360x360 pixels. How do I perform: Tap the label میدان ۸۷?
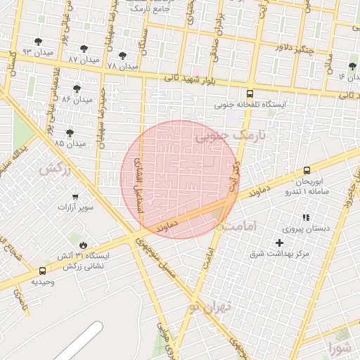click(x=82, y=60)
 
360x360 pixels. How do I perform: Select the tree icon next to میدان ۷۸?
click(x=122, y=56)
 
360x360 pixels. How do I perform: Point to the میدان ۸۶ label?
click(x=77, y=100)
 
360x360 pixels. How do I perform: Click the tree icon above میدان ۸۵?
click(x=70, y=133)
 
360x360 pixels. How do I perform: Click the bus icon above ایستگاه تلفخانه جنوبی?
click(x=250, y=93)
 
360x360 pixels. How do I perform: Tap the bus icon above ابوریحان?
click(x=307, y=170)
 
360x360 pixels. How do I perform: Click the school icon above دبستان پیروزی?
click(x=305, y=218)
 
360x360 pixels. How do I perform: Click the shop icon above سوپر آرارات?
click(x=75, y=197)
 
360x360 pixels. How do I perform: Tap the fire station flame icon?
click(x=84, y=245)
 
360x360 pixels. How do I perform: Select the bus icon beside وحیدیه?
click(x=43, y=271)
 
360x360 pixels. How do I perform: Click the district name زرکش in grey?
click(x=56, y=169)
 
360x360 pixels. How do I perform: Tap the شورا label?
click(x=338, y=347)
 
